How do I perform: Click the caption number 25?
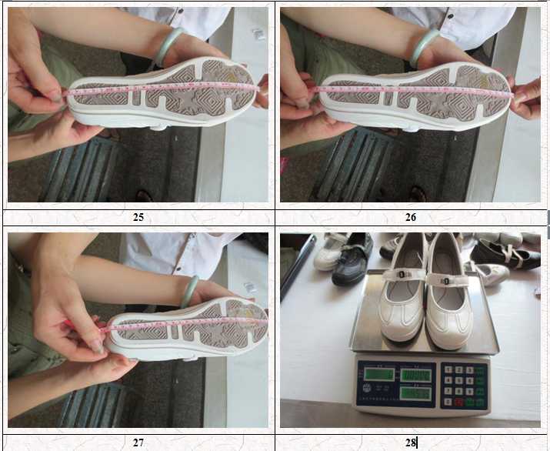[138, 217]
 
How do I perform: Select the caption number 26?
[411, 217]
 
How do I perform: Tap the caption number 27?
[138, 442]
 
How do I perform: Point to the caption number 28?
[411, 442]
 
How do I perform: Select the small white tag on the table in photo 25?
[259, 34]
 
